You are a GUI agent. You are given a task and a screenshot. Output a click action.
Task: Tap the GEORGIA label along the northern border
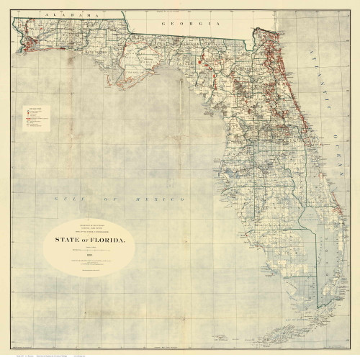[x=190, y=23]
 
